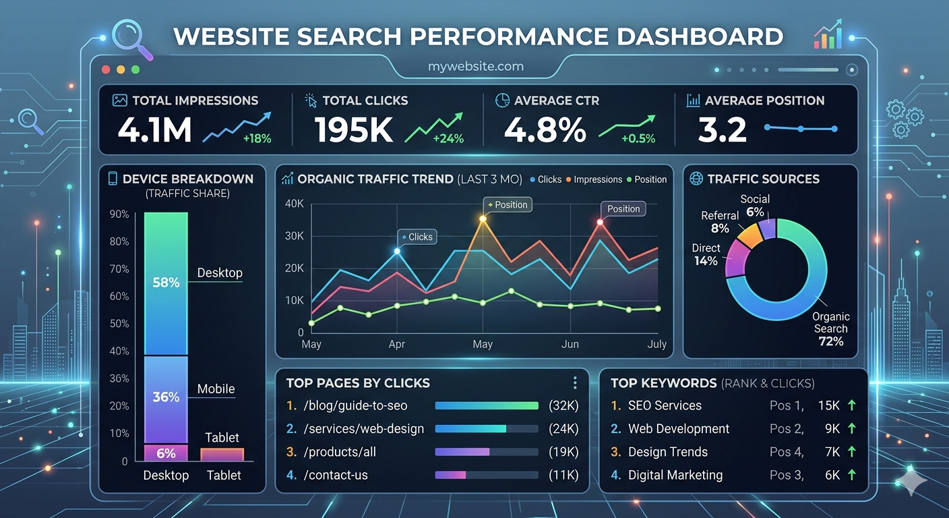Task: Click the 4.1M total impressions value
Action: click(x=154, y=130)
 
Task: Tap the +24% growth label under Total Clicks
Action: click(x=448, y=139)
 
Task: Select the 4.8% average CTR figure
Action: click(x=545, y=130)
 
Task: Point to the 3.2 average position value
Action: click(x=722, y=130)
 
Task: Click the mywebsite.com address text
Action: click(x=475, y=67)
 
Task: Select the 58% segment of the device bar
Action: click(x=166, y=283)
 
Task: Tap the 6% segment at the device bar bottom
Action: click(x=166, y=454)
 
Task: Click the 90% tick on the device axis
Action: click(x=119, y=214)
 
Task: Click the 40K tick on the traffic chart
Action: click(x=295, y=204)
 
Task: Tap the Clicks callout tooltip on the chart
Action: click(x=418, y=237)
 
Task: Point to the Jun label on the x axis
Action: click(x=570, y=344)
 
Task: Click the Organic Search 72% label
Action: click(x=830, y=328)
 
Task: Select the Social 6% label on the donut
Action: click(x=754, y=205)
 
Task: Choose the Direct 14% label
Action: click(x=706, y=254)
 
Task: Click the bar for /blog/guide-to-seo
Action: click(x=487, y=406)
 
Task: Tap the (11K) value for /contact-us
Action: click(x=563, y=475)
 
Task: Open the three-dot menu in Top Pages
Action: click(x=575, y=383)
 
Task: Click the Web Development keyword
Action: click(x=678, y=429)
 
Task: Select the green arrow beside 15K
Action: click(x=852, y=405)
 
